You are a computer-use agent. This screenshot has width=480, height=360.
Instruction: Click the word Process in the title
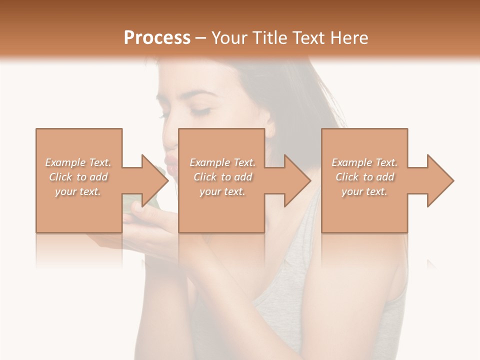(157, 37)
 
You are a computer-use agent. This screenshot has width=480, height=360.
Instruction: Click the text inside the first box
(78, 177)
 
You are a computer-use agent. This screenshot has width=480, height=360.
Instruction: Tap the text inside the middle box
(222, 177)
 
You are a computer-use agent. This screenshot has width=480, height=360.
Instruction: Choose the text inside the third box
(364, 177)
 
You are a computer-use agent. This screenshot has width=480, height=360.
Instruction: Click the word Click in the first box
(61, 177)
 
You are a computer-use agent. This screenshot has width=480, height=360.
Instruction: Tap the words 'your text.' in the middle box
(222, 191)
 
